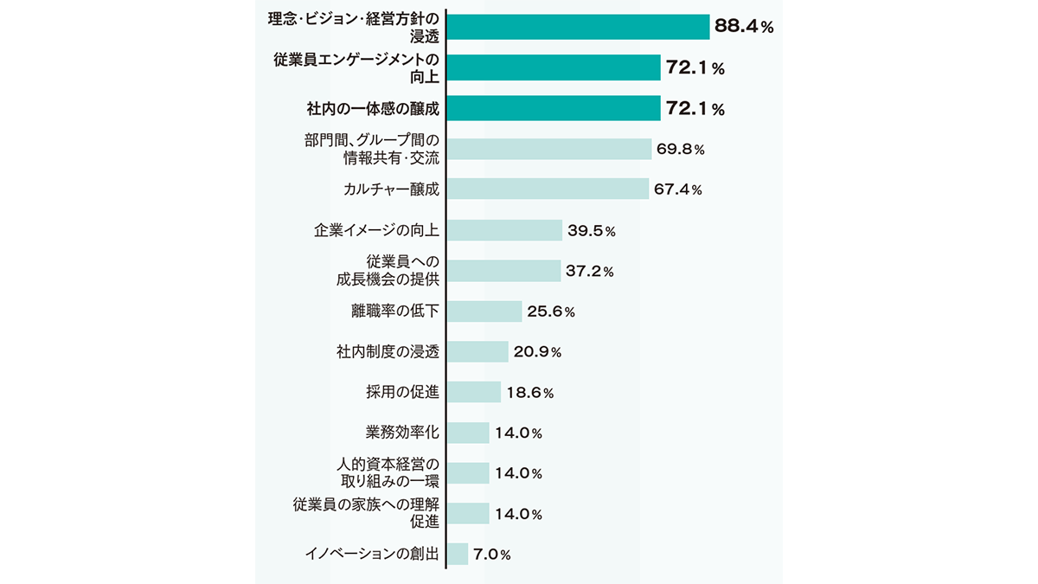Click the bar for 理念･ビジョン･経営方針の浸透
(578, 27)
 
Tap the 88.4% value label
(743, 27)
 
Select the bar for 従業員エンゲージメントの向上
(554, 67)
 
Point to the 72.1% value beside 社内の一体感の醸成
(694, 108)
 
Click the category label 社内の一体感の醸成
(373, 108)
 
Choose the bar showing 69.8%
(548, 149)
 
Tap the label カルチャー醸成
(391, 189)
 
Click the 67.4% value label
(677, 189)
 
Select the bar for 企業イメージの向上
(505, 230)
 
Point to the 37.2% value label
(589, 271)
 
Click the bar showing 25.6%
(484, 311)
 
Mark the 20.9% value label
(537, 352)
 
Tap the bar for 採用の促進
(474, 392)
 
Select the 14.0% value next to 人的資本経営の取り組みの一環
(518, 473)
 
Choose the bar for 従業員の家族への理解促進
(468, 513)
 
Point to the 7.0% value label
(493, 555)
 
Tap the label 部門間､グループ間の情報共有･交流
(372, 149)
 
